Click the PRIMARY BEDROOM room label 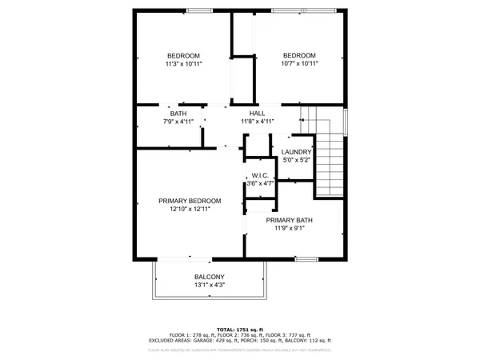[190, 201]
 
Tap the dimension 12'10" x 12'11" [190, 210]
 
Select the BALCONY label [209, 277]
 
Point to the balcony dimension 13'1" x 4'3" [209, 286]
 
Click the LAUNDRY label [296, 152]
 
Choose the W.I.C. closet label [259, 175]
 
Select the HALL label [257, 113]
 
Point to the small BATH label [178, 113]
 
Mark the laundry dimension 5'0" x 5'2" [296, 160]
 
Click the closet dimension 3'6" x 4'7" [259, 183]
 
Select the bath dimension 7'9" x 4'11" [178, 122]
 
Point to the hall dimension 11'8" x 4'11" [257, 122]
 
